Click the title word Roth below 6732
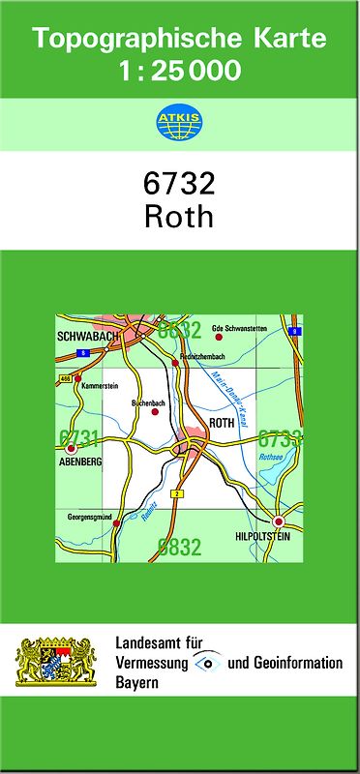[x=179, y=216]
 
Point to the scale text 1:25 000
[x=179, y=71]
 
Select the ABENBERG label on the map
[x=79, y=462]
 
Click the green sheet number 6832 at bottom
[x=179, y=549]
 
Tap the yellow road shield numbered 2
[x=176, y=494]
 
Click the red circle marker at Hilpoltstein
[x=279, y=521]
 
